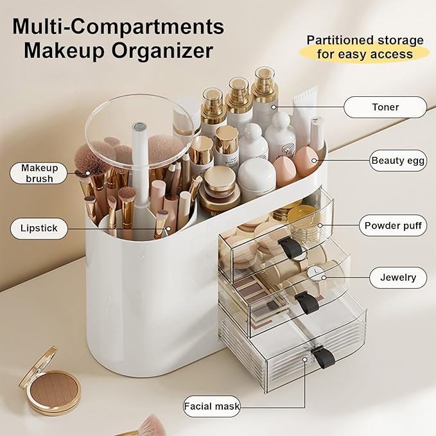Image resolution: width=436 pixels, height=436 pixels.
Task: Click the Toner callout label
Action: tap(385, 107)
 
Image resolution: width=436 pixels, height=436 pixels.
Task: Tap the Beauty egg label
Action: tap(398, 161)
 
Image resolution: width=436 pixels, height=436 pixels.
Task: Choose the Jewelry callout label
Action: tap(398, 277)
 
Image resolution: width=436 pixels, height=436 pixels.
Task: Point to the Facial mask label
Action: tap(212, 406)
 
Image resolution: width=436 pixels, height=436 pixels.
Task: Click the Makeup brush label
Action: tap(39, 173)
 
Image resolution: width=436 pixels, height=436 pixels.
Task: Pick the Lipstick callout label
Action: tap(39, 228)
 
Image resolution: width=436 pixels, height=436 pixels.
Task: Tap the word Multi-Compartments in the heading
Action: tap(119, 26)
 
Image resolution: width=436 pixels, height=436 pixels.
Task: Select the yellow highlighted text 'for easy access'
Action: tap(365, 54)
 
